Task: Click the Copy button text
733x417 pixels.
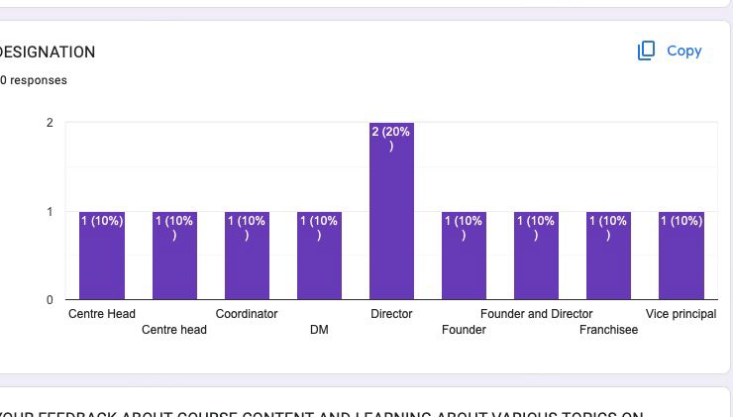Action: pyautogui.click(x=683, y=51)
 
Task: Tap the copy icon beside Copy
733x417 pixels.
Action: pyautogui.click(x=646, y=51)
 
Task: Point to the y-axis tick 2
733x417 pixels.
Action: pyautogui.click(x=50, y=123)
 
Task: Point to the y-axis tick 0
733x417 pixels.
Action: pyautogui.click(x=50, y=300)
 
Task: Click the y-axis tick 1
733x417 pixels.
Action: pyautogui.click(x=50, y=211)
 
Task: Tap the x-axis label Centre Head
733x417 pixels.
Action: pyautogui.click(x=102, y=314)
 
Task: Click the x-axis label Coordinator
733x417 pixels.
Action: pyautogui.click(x=247, y=314)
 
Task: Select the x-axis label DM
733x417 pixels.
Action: pyautogui.click(x=319, y=330)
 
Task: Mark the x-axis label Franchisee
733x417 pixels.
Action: pyautogui.click(x=609, y=330)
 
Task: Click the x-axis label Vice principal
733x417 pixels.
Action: pyautogui.click(x=681, y=314)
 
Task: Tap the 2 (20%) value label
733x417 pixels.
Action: pyautogui.click(x=391, y=138)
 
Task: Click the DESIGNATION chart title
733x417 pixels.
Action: pyautogui.click(x=48, y=52)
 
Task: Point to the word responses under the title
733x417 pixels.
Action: pyautogui.click(x=38, y=80)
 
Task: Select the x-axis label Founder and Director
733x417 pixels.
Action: pyautogui.click(x=536, y=314)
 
